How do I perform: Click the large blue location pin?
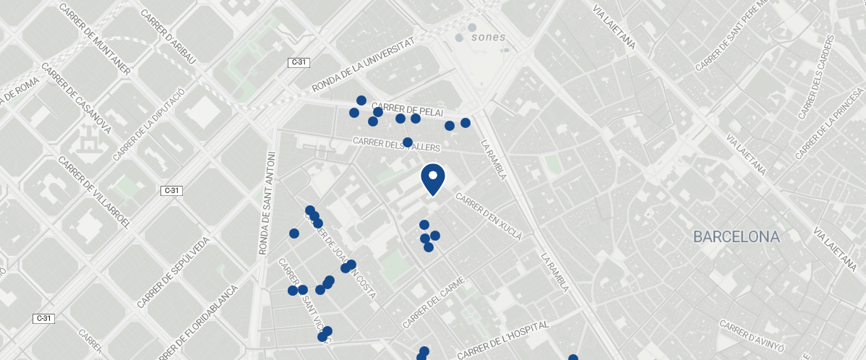click(x=432, y=178)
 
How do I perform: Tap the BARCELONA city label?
click(x=736, y=236)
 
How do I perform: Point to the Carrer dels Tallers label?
click(x=396, y=143)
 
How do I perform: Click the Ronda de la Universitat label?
click(x=364, y=66)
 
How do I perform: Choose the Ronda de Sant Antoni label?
click(x=267, y=203)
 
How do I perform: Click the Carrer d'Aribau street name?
click(x=168, y=37)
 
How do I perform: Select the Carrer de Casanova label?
click(x=76, y=98)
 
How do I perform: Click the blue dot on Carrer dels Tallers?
click(x=408, y=142)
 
